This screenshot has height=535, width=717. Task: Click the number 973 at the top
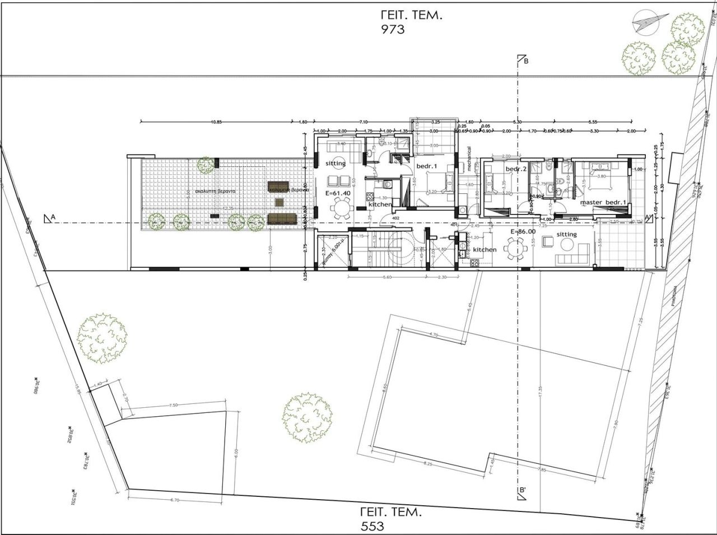pyautogui.click(x=393, y=30)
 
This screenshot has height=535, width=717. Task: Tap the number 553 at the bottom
pyautogui.click(x=373, y=526)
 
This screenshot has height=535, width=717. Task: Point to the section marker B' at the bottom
pyautogui.click(x=523, y=491)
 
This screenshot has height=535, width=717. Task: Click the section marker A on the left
pyautogui.click(x=51, y=218)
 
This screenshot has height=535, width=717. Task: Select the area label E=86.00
pyautogui.click(x=523, y=230)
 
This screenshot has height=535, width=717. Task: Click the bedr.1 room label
pyautogui.click(x=427, y=167)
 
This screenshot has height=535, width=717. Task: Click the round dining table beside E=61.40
pyautogui.click(x=341, y=210)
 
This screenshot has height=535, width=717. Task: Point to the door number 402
pyautogui.click(x=395, y=218)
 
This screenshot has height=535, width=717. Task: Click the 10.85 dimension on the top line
pyautogui.click(x=216, y=122)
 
